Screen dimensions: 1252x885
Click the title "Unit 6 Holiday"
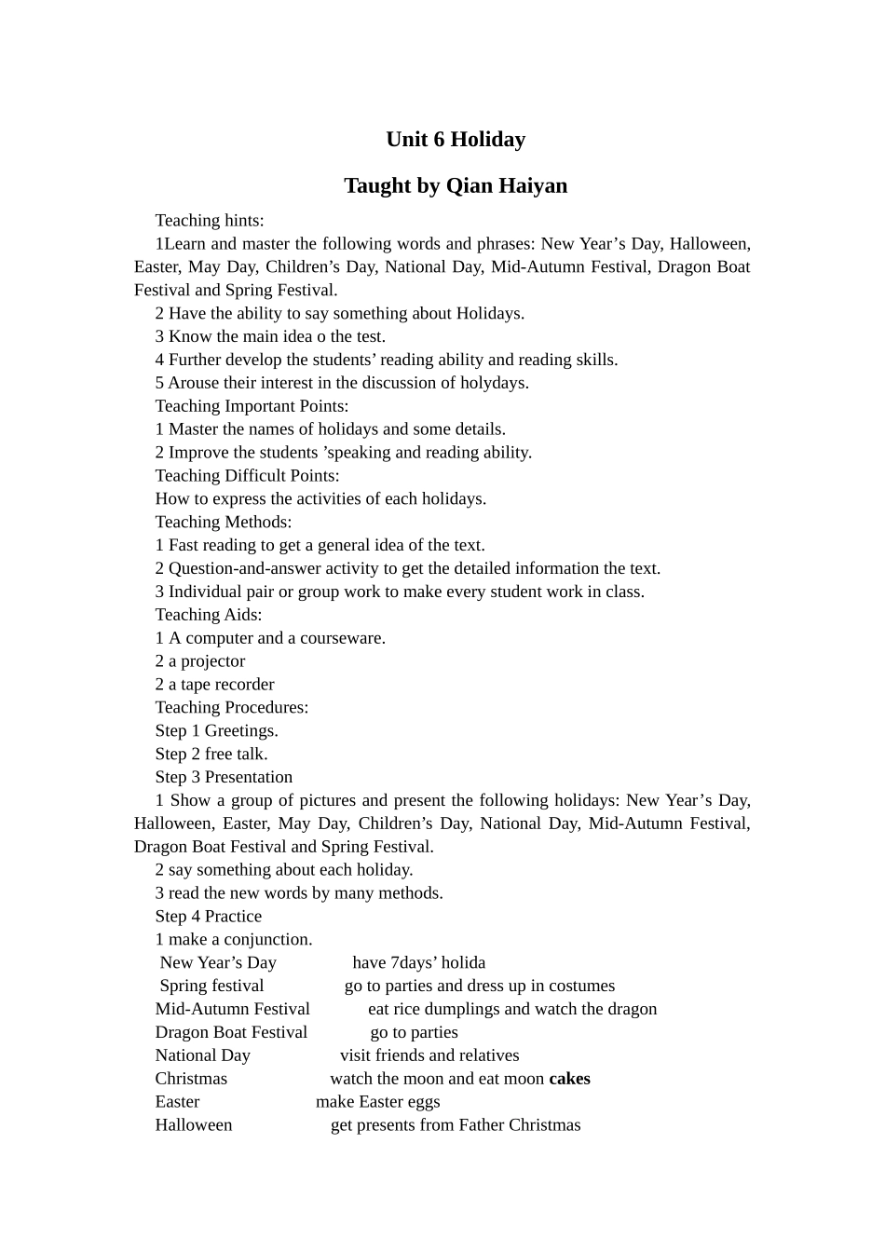(x=456, y=140)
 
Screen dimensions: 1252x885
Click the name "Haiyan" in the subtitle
(x=533, y=185)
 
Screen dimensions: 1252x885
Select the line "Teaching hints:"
(x=210, y=221)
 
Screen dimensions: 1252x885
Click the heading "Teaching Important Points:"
(x=252, y=406)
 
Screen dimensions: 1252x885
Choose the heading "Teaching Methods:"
(x=224, y=522)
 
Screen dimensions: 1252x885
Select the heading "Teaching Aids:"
(x=209, y=615)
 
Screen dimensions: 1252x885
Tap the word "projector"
(x=212, y=661)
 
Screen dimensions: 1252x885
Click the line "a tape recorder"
(x=221, y=685)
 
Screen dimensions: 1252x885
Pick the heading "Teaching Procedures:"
(x=232, y=708)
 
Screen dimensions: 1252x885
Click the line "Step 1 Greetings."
(x=217, y=731)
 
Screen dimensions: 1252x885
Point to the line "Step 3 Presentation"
(x=224, y=777)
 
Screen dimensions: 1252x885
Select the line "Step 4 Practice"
(x=209, y=917)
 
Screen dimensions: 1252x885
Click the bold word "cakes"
(x=569, y=1079)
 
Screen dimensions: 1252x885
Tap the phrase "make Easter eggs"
(x=377, y=1102)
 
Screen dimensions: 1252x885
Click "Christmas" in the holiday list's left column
(x=191, y=1079)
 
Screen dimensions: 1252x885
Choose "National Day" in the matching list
(x=203, y=1055)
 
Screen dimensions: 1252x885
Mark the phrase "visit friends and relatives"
(x=429, y=1055)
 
